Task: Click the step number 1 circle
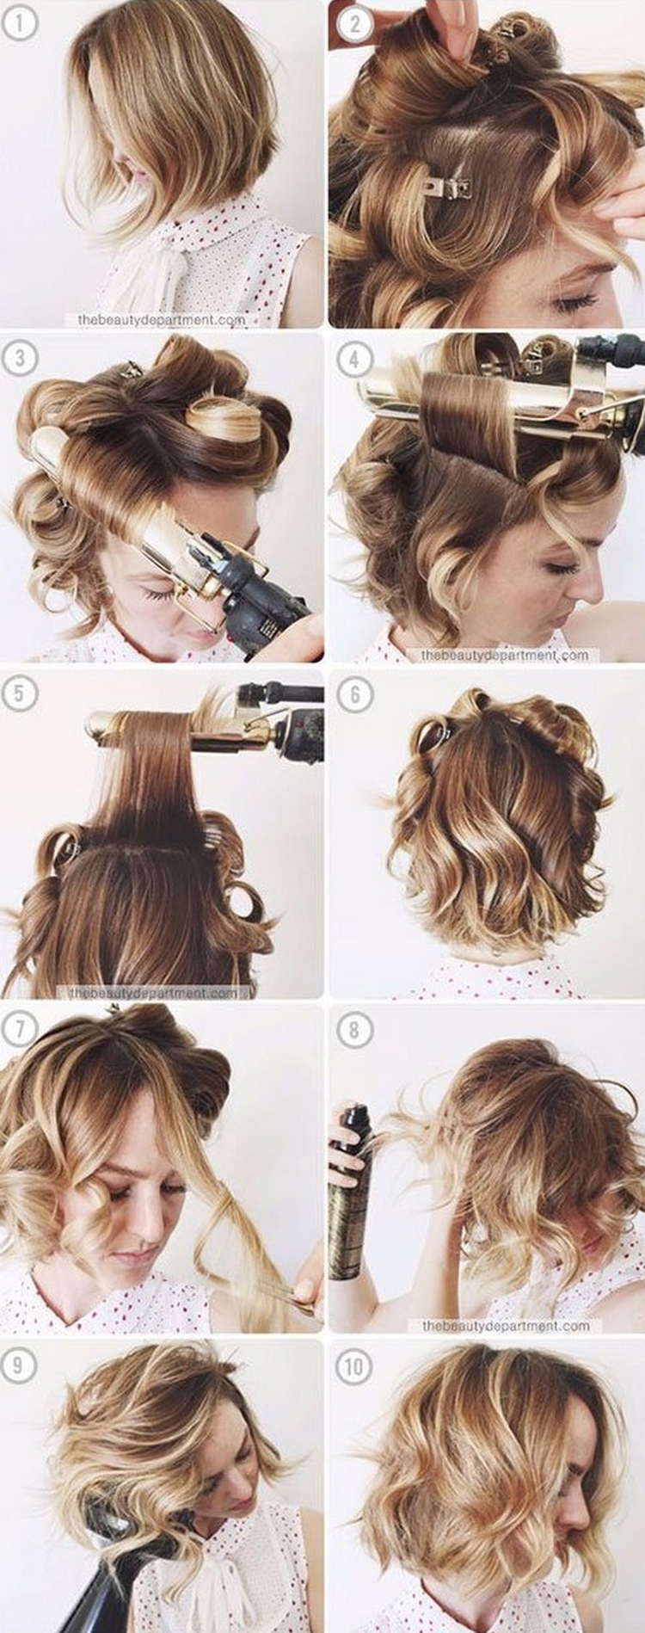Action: [x=21, y=22]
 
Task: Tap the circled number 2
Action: [x=354, y=24]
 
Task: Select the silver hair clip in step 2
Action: [x=448, y=183]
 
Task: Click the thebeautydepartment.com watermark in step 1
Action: [x=162, y=319]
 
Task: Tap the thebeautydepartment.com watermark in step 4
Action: [x=505, y=655]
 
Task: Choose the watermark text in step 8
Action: [x=505, y=1326]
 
